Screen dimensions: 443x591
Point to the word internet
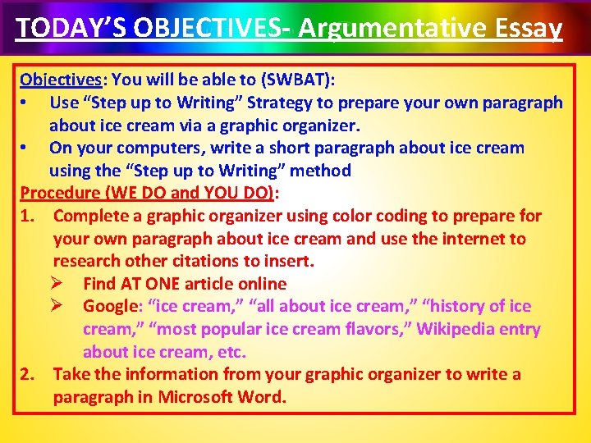[474, 239]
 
